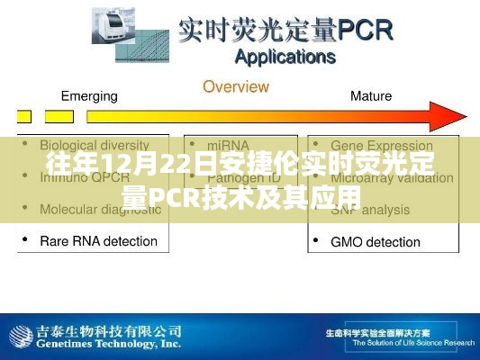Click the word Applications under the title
(x=285, y=58)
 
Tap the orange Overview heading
(x=235, y=87)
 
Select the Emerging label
(x=90, y=95)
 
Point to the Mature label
(x=370, y=95)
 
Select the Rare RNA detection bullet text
(x=99, y=240)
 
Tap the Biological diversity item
(x=95, y=145)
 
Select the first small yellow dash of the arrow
(x=24, y=116)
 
